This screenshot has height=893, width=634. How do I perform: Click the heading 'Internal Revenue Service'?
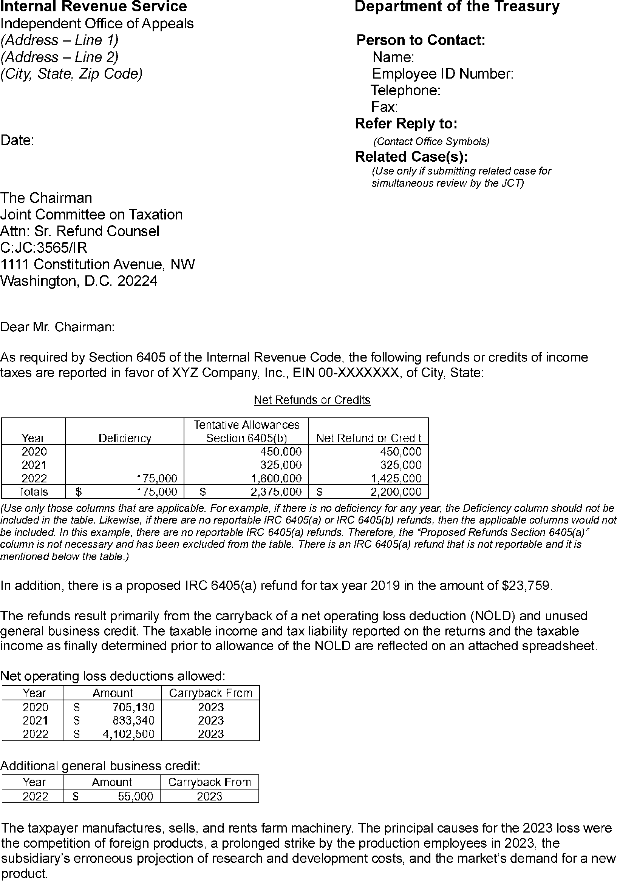pos(94,7)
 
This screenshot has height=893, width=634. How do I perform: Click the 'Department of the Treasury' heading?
pos(457,7)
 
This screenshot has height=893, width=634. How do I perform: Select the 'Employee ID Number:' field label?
pos(442,74)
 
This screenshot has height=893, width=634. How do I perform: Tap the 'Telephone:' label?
pos(406,91)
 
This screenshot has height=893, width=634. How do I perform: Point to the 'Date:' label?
pos(17,140)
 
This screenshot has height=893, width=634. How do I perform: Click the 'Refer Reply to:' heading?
pos(406,124)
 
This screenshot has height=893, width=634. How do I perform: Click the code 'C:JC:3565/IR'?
pos(44,248)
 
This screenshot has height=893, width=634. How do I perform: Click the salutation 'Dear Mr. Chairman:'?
pos(57,327)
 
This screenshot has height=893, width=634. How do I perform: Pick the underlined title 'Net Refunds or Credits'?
pos(312,400)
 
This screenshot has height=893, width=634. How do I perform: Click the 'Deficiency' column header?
pos(125,438)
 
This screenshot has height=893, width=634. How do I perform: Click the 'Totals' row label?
pos(33,492)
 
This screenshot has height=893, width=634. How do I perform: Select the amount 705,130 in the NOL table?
pos(133,707)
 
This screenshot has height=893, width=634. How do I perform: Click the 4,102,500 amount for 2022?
pos(128,734)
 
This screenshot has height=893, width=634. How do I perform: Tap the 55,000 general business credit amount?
pos(136,797)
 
